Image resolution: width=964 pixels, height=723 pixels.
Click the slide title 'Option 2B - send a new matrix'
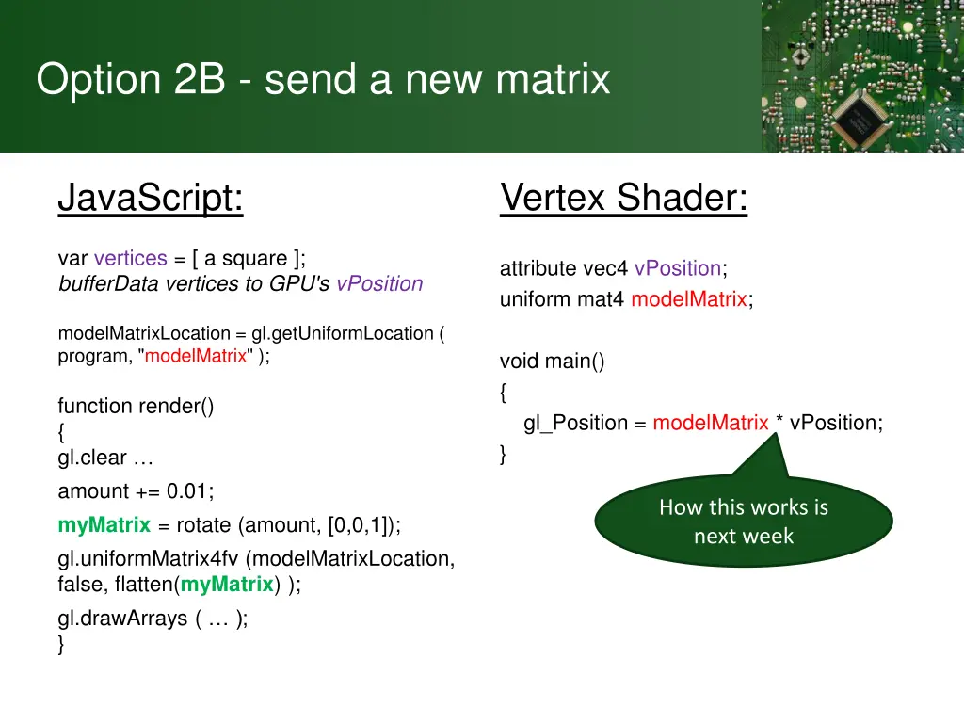323,79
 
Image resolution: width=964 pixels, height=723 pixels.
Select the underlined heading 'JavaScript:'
151,198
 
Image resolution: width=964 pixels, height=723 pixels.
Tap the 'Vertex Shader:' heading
623,198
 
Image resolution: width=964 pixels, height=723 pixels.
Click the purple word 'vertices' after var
130,258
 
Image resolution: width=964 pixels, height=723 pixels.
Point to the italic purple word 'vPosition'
379,283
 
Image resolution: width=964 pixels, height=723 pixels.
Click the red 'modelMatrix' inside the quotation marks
196,356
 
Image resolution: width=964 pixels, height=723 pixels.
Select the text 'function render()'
136,406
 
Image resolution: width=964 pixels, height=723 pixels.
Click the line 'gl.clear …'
104,458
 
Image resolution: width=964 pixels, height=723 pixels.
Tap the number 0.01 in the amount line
189,490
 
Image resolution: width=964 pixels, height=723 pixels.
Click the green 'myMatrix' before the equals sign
104,524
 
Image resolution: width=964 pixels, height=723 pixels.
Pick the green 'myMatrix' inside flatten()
227,584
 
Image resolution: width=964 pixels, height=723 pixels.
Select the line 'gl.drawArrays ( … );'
153,619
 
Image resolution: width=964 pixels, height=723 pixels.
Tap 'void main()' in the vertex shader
552,361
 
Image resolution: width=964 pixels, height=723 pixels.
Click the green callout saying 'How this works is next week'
744,521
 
